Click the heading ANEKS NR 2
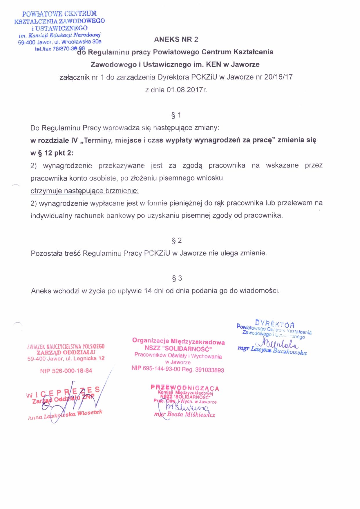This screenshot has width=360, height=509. (176, 39)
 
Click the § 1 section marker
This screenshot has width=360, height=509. (176, 115)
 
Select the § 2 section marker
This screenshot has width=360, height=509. (177, 241)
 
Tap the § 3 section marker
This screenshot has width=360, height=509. (177, 278)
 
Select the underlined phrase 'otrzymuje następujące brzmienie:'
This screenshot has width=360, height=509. (84, 191)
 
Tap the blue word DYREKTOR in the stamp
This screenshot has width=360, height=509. (274, 323)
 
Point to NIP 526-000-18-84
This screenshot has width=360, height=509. (66, 371)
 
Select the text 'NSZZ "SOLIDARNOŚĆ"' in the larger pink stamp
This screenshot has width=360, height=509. (178, 348)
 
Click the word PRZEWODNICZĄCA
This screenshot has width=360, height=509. (185, 388)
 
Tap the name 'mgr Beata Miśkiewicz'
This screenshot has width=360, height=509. (185, 414)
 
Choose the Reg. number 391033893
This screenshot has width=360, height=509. (209, 370)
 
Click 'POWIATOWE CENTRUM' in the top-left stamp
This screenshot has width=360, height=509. (59, 14)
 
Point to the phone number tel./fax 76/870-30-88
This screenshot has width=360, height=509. (60, 49)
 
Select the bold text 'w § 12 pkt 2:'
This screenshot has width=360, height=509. (52, 153)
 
